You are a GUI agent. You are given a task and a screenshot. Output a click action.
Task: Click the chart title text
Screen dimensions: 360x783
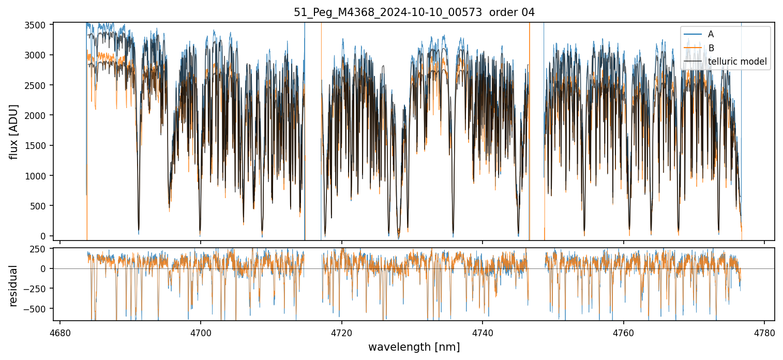[414, 12]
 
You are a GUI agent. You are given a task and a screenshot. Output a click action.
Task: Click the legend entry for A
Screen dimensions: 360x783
[711, 34]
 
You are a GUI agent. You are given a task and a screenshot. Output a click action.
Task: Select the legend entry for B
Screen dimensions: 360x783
[711, 48]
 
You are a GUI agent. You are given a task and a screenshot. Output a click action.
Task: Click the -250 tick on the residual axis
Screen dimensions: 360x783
[37, 289]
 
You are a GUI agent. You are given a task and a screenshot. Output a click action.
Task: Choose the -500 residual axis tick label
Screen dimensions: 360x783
[37, 309]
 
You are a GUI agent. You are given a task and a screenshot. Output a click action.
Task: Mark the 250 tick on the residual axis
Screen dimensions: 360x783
[40, 249]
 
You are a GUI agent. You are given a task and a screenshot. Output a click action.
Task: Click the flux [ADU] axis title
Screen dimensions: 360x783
[14, 131]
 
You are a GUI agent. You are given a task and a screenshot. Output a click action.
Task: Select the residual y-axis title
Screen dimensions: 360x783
[14, 286]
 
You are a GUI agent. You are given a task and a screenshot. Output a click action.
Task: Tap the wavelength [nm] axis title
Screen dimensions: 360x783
[414, 347]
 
